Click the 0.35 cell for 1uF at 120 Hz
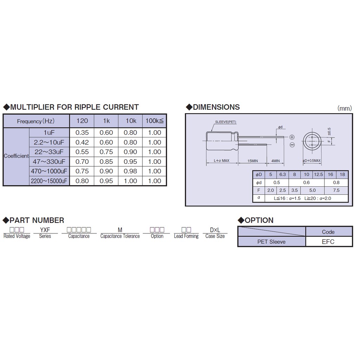[x=82, y=133]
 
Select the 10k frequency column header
[x=131, y=121]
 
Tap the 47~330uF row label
[x=49, y=162]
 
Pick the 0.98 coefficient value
[x=130, y=171]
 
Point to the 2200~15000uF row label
[x=49, y=181]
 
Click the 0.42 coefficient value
[x=82, y=142]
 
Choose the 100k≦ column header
[x=155, y=121]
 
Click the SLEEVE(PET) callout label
[x=225, y=122]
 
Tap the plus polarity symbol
[x=292, y=137]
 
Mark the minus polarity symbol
[x=292, y=144]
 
